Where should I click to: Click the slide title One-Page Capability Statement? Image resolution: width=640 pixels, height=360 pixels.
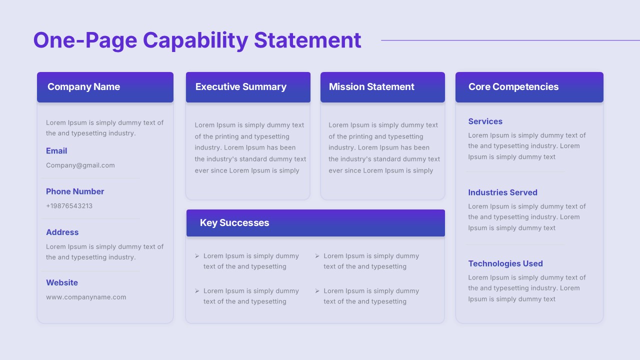coord(197,40)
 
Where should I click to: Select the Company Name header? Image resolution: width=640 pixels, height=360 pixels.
coord(83,86)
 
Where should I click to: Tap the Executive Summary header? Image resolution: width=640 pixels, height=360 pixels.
coord(241,86)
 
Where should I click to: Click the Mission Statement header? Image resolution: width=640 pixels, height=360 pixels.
coord(371,86)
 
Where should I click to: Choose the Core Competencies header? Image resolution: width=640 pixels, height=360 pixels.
coord(513,86)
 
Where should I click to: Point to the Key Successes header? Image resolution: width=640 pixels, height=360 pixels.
coord(234,222)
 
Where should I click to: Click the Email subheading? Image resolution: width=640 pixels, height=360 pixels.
coord(56,150)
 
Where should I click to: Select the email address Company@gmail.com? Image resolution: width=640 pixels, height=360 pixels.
coord(80,165)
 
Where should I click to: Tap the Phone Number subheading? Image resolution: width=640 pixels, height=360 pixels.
coord(75,191)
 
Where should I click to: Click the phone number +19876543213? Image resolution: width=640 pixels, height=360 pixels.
coord(69,205)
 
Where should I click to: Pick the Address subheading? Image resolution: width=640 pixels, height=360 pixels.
coord(62,232)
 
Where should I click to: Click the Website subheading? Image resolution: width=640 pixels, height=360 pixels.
coord(62,282)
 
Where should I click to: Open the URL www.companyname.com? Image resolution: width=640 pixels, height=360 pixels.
coord(86,297)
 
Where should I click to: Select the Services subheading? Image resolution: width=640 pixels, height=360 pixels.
coord(485,121)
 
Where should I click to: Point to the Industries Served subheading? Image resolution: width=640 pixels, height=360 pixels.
coord(502,192)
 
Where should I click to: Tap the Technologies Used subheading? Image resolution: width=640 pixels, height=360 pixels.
coord(505,263)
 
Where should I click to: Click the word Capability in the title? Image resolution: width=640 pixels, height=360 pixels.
coord(195,40)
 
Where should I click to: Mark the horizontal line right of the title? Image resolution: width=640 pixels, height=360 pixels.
coord(510,40)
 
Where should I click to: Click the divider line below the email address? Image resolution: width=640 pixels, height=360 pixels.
coord(91,178)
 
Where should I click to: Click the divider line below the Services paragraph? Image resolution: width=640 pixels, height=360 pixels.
coord(515,171)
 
